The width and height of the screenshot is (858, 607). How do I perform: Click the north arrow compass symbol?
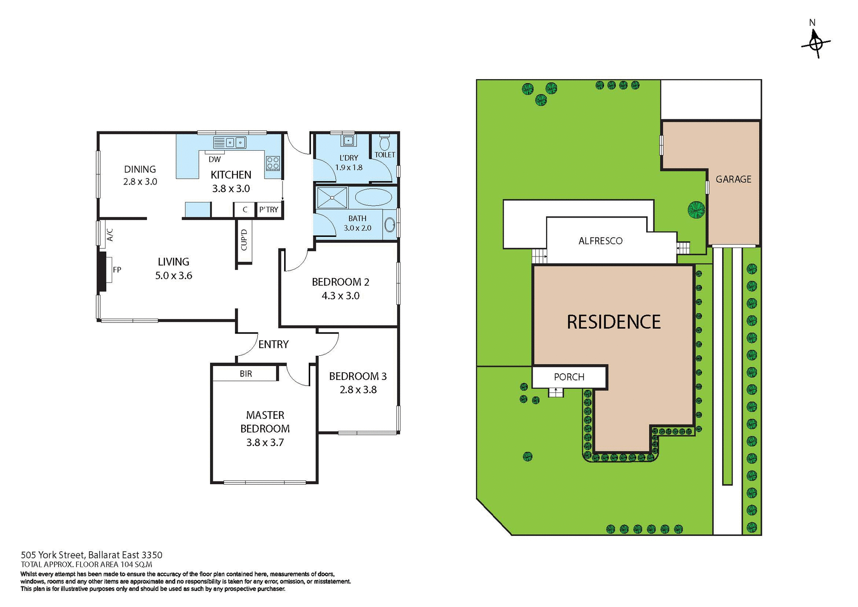coord(816,43)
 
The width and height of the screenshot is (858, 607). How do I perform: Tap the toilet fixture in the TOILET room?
coord(384,143)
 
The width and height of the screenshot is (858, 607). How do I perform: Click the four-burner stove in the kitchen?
coord(273,163)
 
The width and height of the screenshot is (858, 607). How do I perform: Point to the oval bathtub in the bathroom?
coord(374,197)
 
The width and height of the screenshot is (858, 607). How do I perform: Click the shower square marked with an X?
coord(332,198)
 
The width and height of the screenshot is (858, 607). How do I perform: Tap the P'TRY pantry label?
coord(269,210)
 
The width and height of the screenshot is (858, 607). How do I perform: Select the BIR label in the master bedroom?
coord(246,374)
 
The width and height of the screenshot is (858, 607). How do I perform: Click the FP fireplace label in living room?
coord(117,270)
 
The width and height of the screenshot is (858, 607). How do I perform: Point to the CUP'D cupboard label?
coord(244,240)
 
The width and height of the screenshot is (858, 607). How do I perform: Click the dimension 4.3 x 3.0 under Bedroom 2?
coord(341,295)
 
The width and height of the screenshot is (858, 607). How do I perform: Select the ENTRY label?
coord(273,344)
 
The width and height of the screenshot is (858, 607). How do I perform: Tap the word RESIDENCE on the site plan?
coord(614,322)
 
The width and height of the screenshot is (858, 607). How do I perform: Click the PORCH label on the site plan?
coord(569,377)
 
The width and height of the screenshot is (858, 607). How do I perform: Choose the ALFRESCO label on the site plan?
coord(600,241)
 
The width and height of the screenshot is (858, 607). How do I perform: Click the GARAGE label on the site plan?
coord(733,179)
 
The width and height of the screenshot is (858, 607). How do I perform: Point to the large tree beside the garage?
coord(696,210)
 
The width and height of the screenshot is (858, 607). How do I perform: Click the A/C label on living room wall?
coord(110,235)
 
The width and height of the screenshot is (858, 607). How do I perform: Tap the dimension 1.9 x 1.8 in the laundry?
coord(349,168)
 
